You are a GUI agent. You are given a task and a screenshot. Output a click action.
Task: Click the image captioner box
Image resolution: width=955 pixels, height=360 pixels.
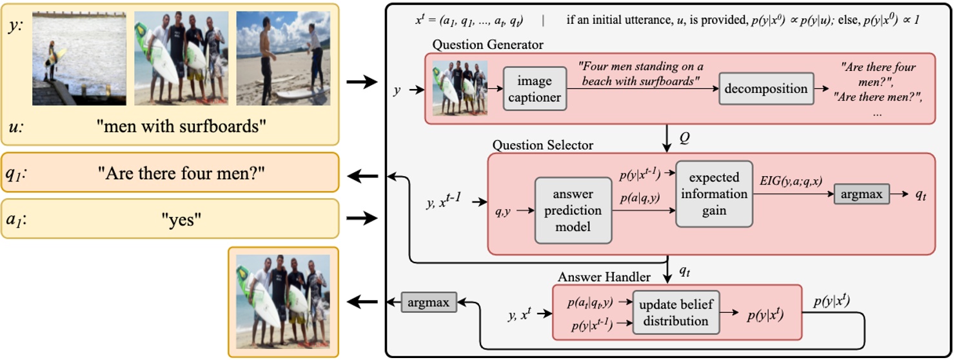coord(533,90)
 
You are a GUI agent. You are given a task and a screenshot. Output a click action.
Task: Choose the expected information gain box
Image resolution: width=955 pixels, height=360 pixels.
coord(713,194)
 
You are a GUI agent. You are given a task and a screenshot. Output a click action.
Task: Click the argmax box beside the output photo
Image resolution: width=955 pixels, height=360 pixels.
coord(427,301)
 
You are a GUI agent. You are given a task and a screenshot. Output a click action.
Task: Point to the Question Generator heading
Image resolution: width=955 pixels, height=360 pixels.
coord(488,45)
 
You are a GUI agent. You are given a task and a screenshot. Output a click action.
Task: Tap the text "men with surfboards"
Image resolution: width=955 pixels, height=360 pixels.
coord(181,126)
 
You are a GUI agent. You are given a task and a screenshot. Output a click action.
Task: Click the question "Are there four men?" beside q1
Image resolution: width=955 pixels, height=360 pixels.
coord(181,173)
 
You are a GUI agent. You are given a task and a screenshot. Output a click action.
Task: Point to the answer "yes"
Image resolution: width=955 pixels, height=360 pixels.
coord(181,220)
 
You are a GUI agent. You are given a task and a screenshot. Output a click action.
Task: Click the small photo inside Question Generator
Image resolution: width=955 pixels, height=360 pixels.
coord(460,88)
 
